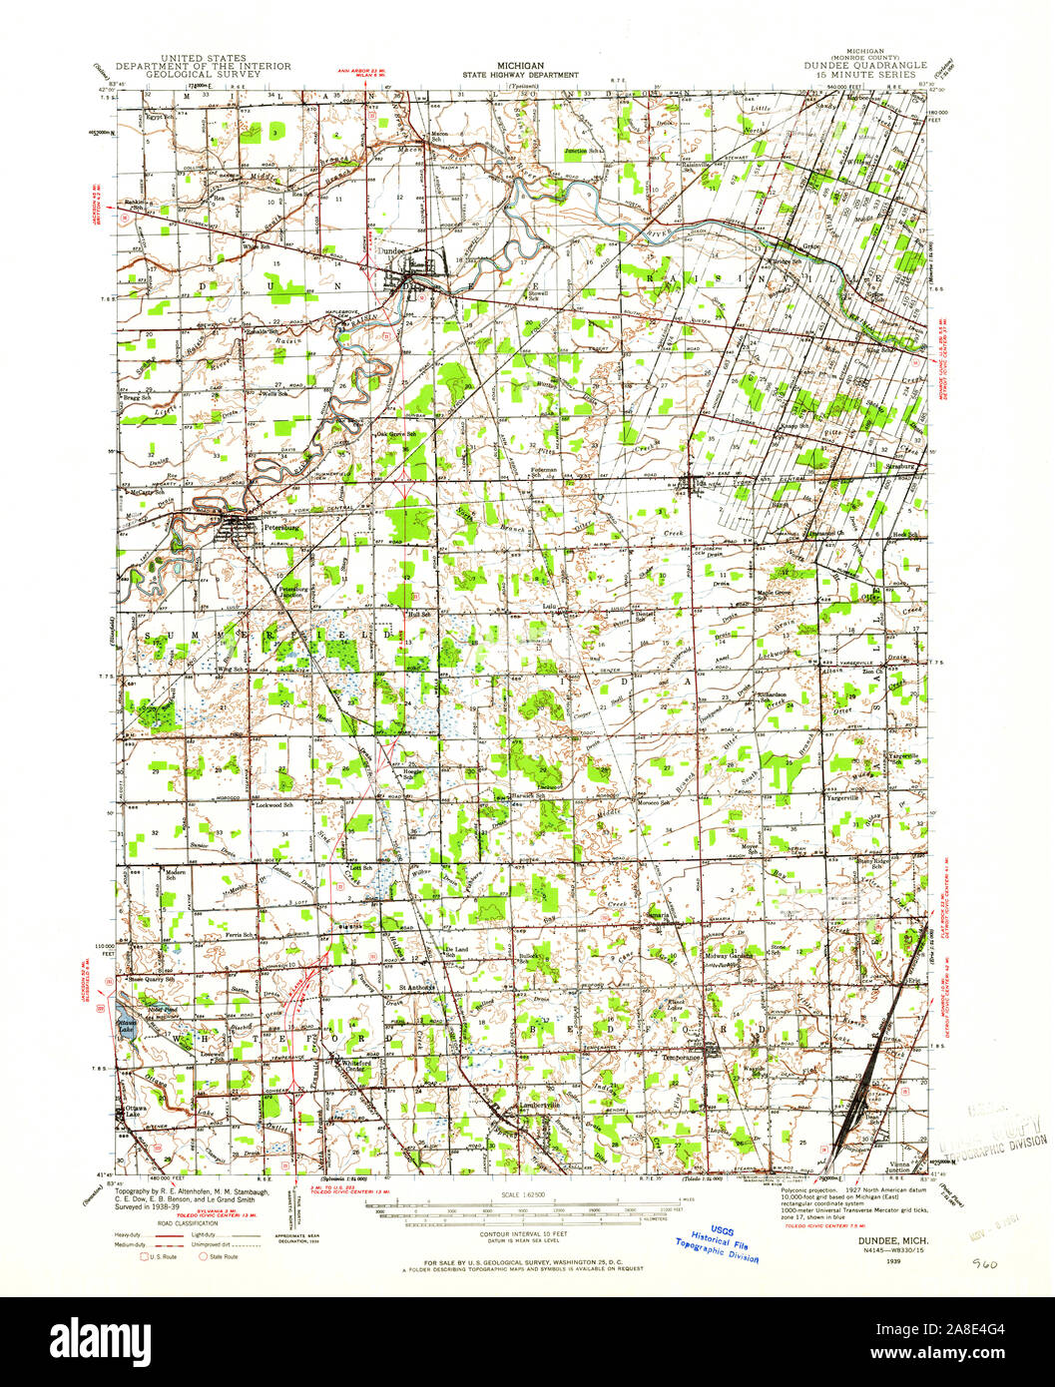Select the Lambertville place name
(x=539, y=1107)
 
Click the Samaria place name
(x=657, y=913)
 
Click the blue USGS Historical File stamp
(x=716, y=1243)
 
